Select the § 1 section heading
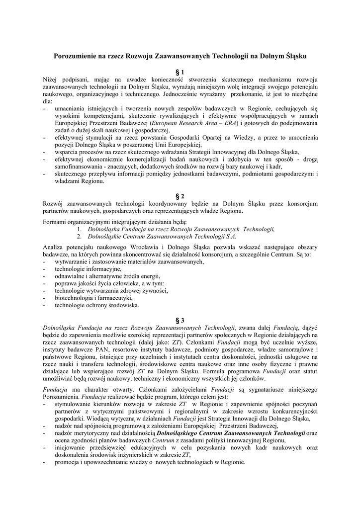coord(180,72)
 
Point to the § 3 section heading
coord(180,320)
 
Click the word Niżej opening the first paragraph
coord(51,80)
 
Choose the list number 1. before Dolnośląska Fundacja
coord(80,229)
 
